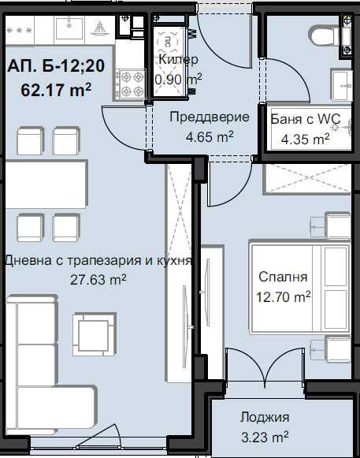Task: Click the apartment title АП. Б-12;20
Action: pyautogui.click(x=56, y=65)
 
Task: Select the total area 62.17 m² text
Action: pyautogui.click(x=56, y=89)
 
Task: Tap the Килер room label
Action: pyautogui.click(x=178, y=60)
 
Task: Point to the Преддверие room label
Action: pyautogui.click(x=210, y=117)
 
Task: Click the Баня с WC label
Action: pyautogui.click(x=306, y=119)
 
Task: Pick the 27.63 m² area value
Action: pyautogui.click(x=98, y=280)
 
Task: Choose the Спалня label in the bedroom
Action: pyautogui.click(x=283, y=277)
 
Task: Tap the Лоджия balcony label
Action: pyautogui.click(x=265, y=417)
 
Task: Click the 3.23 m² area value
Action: pyautogui.click(x=265, y=437)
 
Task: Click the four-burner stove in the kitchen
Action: pyautogui.click(x=131, y=84)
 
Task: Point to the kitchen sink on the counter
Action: pyautogui.click(x=69, y=28)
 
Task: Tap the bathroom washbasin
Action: pyautogui.click(x=341, y=85)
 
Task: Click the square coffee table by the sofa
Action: pyautogui.click(x=94, y=334)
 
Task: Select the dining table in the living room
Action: pyautogui.click(x=46, y=184)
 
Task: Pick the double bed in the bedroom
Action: pyautogui.click(x=300, y=286)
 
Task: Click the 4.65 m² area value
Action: pyautogui.click(x=210, y=136)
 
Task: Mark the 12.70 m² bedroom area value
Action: pyautogui.click(x=284, y=297)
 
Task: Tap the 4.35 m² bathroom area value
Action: pyautogui.click(x=305, y=139)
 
